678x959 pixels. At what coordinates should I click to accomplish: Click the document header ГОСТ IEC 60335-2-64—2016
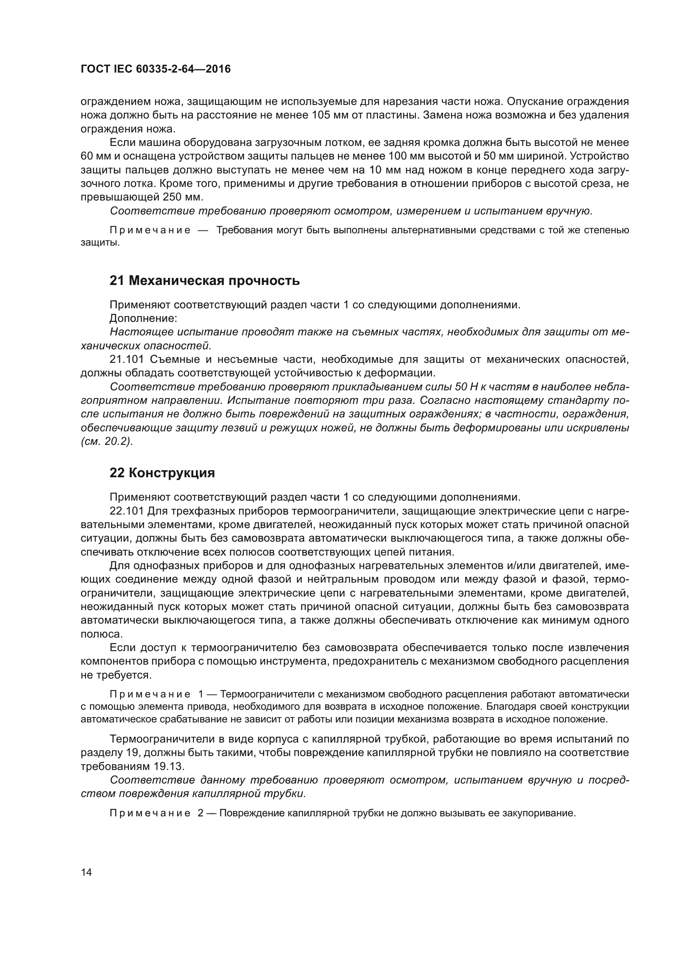click(x=155, y=69)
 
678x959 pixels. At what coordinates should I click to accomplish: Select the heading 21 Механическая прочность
click(x=205, y=281)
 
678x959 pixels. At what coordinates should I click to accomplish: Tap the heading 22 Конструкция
click(x=162, y=473)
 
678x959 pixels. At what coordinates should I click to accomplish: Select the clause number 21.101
click(x=127, y=359)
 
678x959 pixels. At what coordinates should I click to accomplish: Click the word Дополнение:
click(x=143, y=318)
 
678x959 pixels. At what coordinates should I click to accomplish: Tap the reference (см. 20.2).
click(x=107, y=442)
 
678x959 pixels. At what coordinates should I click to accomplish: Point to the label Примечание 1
click(x=157, y=694)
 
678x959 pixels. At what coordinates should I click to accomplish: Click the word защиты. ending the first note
click(x=100, y=243)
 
